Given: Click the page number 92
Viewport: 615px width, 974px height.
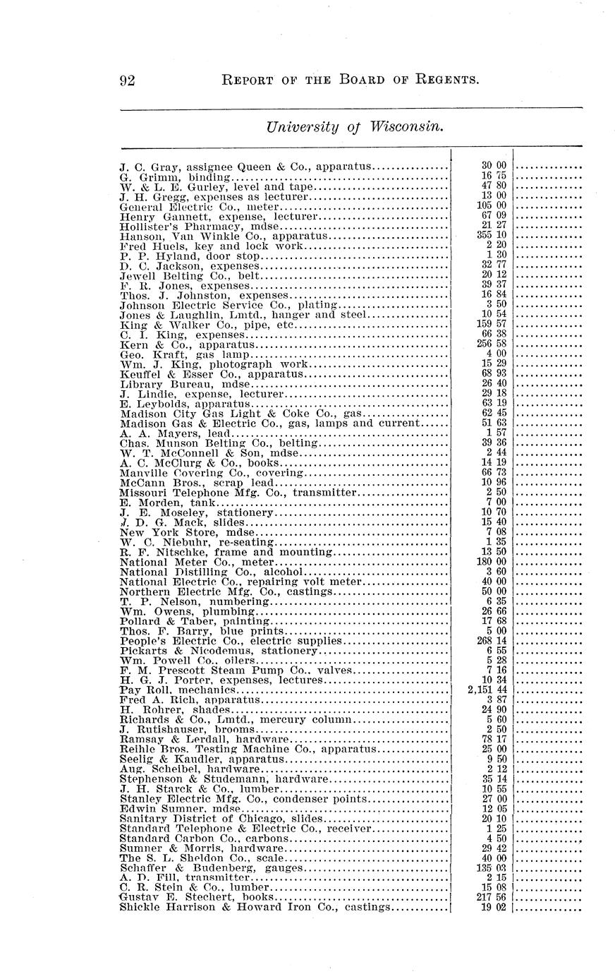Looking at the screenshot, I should tap(128, 80).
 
